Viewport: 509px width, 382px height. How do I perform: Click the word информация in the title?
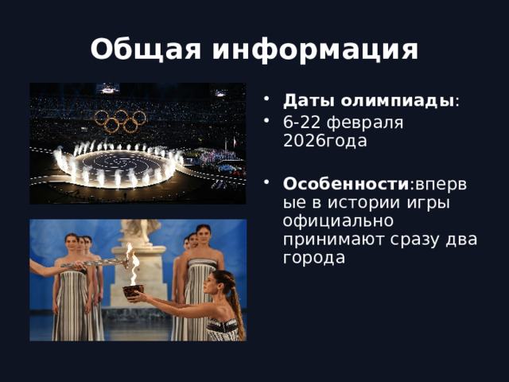click(x=314, y=50)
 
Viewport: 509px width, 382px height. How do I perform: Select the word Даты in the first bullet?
click(x=304, y=102)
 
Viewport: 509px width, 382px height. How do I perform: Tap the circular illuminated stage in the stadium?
click(x=117, y=164)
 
